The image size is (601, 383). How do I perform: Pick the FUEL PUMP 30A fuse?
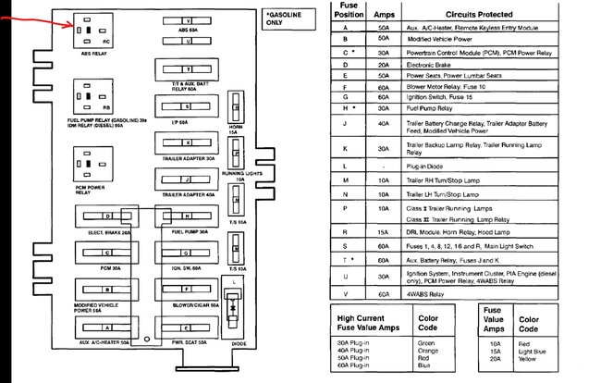pos(188,216)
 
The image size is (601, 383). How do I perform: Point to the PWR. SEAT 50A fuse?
pos(188,327)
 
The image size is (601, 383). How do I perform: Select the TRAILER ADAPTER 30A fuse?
pos(188,143)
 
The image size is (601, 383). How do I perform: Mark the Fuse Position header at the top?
pos(343,11)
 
